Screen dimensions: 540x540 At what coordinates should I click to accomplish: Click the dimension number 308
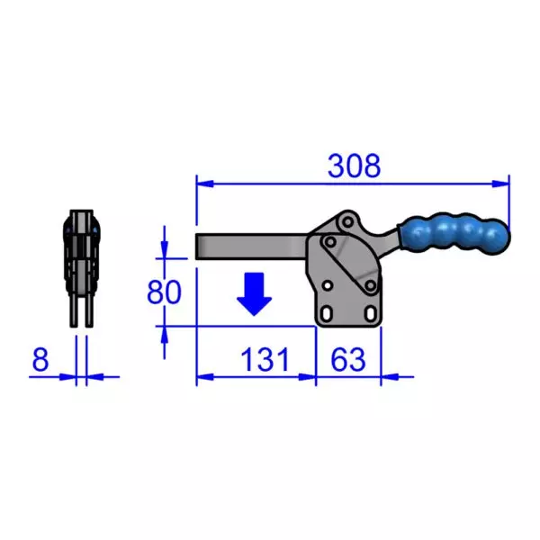[x=354, y=166]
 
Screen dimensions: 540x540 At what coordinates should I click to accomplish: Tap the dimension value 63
[x=348, y=360]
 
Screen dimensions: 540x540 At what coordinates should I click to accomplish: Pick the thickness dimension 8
[x=40, y=360]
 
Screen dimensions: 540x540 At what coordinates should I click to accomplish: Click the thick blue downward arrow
[x=256, y=293]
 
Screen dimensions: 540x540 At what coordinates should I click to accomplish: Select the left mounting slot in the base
[x=328, y=313]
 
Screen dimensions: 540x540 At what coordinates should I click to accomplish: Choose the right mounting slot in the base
[x=367, y=313]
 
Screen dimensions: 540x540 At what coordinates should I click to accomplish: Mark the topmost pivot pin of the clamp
[x=347, y=221]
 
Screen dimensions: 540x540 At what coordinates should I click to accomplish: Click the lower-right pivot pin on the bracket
[x=368, y=286]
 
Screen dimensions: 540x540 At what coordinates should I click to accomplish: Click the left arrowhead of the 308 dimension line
[x=202, y=183]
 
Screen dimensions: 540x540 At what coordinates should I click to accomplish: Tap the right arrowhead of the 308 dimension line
[x=503, y=183]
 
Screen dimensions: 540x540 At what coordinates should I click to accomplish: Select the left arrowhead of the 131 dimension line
[x=202, y=376]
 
